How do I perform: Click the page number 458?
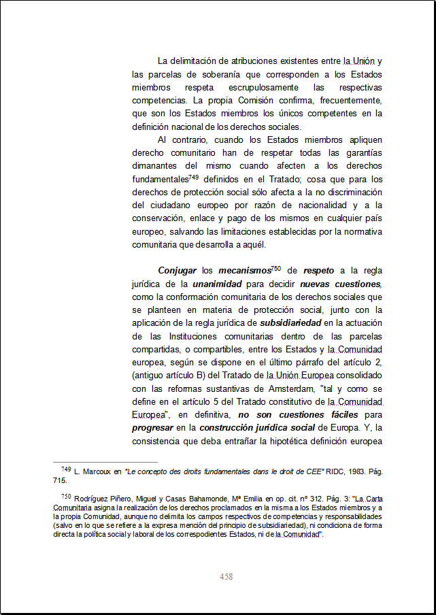click(227, 577)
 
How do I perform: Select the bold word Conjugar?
click(177, 271)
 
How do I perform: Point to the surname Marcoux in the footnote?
click(98, 471)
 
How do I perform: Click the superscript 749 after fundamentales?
click(193, 177)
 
